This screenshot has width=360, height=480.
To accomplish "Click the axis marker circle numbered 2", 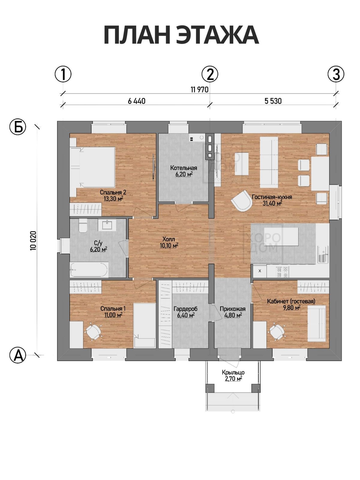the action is pyautogui.click(x=210, y=74).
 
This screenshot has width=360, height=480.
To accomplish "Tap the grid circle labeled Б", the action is pyautogui.click(x=18, y=127).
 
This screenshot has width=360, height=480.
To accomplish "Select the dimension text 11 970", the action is pyautogui.click(x=199, y=90).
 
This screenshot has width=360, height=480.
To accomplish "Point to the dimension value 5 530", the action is pyautogui.click(x=273, y=101).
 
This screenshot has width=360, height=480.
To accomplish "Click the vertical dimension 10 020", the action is pyautogui.click(x=33, y=241).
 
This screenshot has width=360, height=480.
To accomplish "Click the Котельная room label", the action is pyautogui.click(x=184, y=168).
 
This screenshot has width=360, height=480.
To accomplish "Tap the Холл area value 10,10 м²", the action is pyautogui.click(x=169, y=246).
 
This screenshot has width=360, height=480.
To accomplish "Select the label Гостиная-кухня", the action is pyautogui.click(x=272, y=197).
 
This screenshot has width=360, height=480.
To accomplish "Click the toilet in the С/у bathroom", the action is pyautogui.click(x=82, y=226).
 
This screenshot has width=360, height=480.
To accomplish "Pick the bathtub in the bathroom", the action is pyautogui.click(x=89, y=270).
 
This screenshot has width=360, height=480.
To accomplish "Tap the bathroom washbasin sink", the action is pyautogui.click(x=107, y=224).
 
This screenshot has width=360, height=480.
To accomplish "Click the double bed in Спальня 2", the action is pyautogui.click(x=93, y=167).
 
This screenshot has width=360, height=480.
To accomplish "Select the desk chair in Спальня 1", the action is pyautogui.click(x=94, y=332).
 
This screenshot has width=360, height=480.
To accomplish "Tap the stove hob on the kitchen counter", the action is pyautogui.click(x=282, y=272).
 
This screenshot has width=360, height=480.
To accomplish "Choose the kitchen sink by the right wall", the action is pyautogui.click(x=323, y=254).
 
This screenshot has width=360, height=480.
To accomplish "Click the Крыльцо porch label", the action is pyautogui.click(x=233, y=372).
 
